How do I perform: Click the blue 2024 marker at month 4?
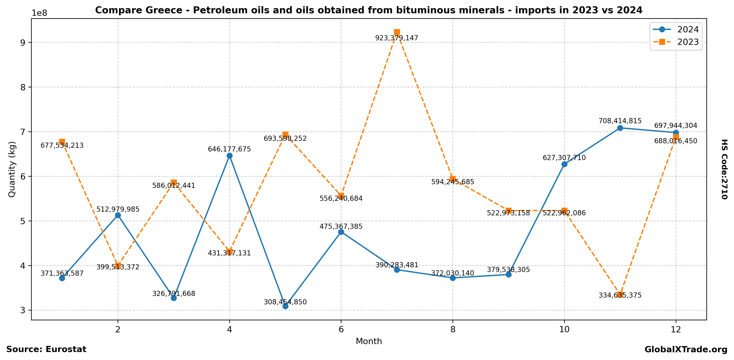229,156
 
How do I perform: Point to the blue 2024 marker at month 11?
620,128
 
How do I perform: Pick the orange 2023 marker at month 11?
620,295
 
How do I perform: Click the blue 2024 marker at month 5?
285,306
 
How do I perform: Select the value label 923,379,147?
397,38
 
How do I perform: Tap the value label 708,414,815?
620,121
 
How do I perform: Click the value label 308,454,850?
285,302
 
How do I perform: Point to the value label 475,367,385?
341,227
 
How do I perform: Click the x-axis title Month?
369,341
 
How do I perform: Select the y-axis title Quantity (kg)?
12,169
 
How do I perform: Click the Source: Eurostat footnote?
46,350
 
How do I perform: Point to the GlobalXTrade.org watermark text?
686,350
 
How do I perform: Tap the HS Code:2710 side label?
724,169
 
